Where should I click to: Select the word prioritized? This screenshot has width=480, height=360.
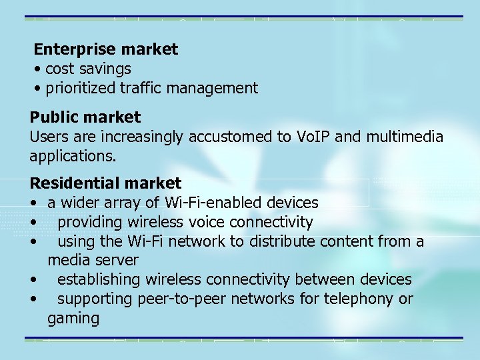81,88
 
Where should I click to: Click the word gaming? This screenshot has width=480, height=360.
73,319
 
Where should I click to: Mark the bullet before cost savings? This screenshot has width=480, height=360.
40,69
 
